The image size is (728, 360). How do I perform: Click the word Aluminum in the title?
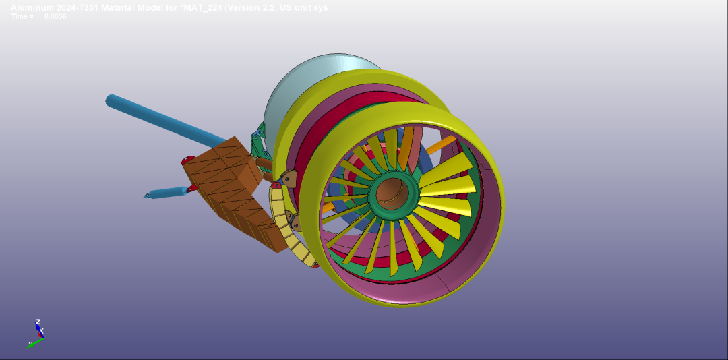[x=29, y=8]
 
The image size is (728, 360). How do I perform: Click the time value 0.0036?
[x=55, y=16]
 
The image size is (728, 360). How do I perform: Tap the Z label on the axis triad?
[x=38, y=322]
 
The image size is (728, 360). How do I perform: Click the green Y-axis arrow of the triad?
[x=36, y=342]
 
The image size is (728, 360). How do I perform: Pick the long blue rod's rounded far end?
[x=112, y=100]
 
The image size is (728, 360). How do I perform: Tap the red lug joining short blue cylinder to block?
[x=191, y=188]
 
